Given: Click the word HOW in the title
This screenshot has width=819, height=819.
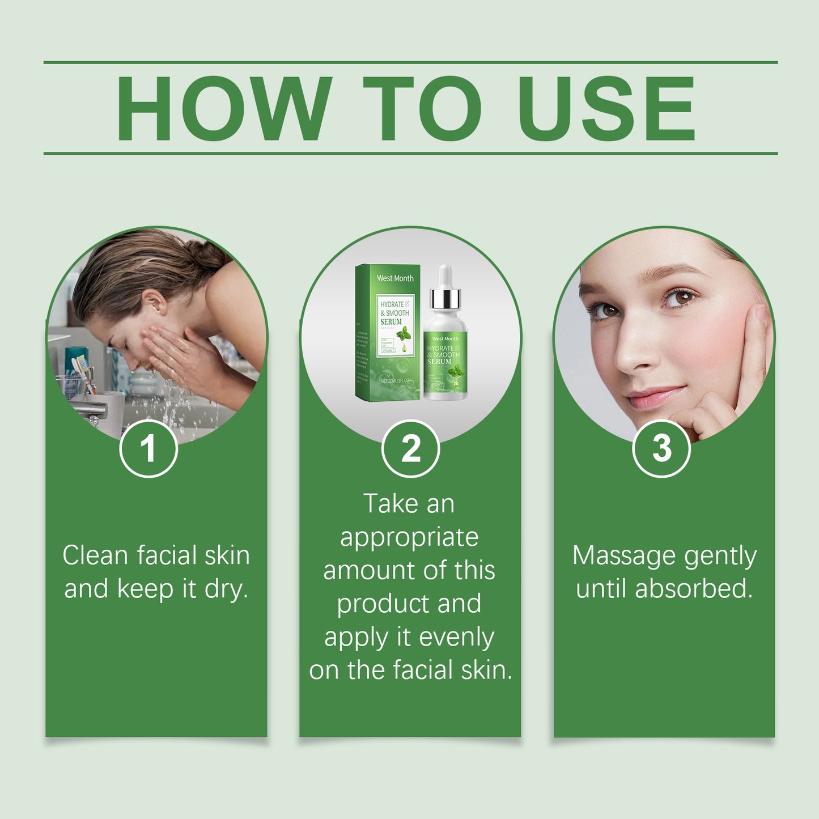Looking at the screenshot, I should click(223, 108).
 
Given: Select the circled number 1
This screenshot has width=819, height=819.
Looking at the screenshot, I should click(148, 449).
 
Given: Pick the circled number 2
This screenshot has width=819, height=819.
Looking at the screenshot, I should click(410, 449).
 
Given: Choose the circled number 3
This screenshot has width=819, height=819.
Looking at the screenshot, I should click(661, 449).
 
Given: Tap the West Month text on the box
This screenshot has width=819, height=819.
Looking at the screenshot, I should click(395, 278).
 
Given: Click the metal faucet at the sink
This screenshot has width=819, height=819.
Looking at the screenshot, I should click(91, 409).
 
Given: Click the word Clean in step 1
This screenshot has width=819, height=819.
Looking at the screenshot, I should click(95, 555).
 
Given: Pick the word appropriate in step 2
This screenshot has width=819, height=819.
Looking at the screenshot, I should click(409, 537).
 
